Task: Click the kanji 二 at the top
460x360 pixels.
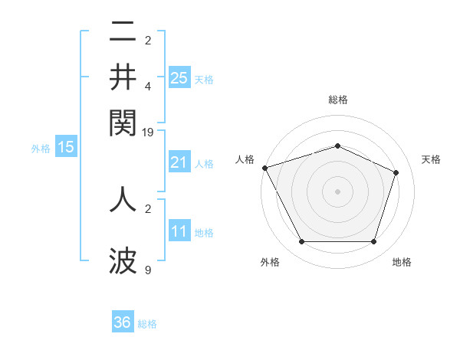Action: click(x=123, y=32)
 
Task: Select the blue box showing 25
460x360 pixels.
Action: click(x=179, y=77)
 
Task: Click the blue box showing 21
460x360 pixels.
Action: click(x=179, y=162)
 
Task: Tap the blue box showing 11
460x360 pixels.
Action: click(x=179, y=231)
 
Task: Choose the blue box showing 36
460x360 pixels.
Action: click(x=123, y=322)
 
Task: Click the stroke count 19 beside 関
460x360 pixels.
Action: click(x=148, y=132)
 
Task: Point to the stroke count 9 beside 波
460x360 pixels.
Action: click(x=148, y=270)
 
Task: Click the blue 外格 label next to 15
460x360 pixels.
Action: click(x=41, y=149)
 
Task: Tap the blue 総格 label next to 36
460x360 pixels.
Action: click(x=147, y=324)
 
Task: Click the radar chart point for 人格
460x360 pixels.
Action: click(x=264, y=168)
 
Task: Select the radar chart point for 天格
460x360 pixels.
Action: click(x=396, y=172)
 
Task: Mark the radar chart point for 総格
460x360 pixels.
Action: click(x=337, y=146)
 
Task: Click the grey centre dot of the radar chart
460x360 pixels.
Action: click(x=337, y=191)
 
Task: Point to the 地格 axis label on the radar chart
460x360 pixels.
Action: click(x=402, y=262)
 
